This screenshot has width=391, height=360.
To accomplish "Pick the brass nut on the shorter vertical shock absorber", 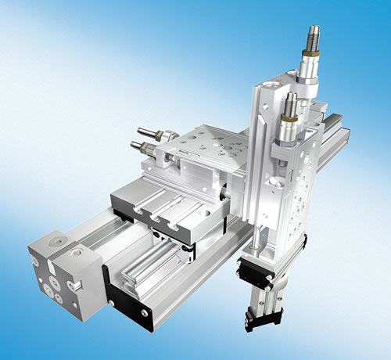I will click(x=289, y=120).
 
